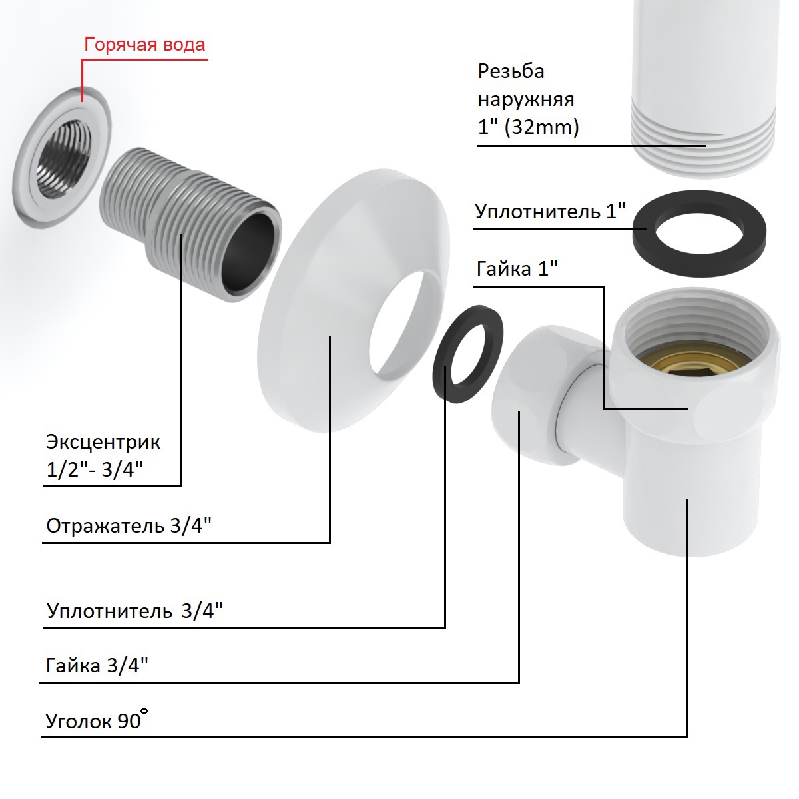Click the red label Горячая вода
click(x=144, y=45)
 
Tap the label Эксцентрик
click(x=103, y=441)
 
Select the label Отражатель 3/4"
click(x=129, y=526)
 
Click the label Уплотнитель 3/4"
click(x=134, y=611)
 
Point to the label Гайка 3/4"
click(x=97, y=665)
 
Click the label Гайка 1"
click(x=517, y=268)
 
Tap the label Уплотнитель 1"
click(x=550, y=212)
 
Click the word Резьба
click(x=511, y=71)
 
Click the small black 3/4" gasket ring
click(x=468, y=353)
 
